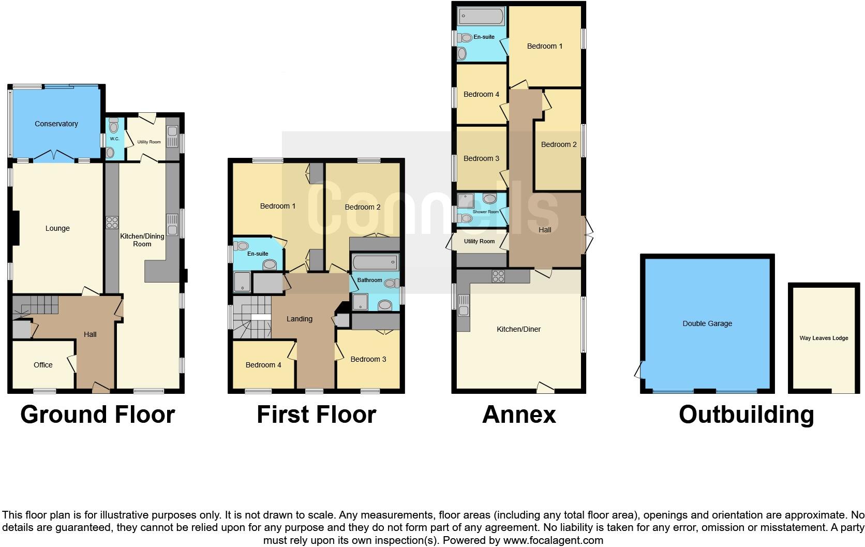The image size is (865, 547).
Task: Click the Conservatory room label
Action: [x=56, y=124]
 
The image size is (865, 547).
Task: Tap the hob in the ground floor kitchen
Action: [x=112, y=223]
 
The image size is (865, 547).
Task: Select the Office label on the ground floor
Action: [x=43, y=365]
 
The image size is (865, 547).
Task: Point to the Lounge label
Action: [x=57, y=228]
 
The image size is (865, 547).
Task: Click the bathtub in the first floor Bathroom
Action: [x=376, y=262]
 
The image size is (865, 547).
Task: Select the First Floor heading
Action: [x=316, y=415]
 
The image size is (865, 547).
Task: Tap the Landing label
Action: [x=300, y=319]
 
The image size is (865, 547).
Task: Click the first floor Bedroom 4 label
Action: [x=263, y=365]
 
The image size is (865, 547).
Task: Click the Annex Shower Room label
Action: [x=486, y=212]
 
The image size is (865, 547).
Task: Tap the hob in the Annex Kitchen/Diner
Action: [x=498, y=276]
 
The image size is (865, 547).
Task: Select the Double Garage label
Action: [x=707, y=323]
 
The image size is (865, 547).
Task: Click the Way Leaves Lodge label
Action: [x=824, y=338]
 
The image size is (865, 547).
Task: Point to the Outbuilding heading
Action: [x=746, y=415]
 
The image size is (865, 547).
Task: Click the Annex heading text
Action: [x=519, y=415]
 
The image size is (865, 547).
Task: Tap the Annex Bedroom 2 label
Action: [x=559, y=144]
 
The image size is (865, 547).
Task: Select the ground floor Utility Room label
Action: [x=149, y=142]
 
